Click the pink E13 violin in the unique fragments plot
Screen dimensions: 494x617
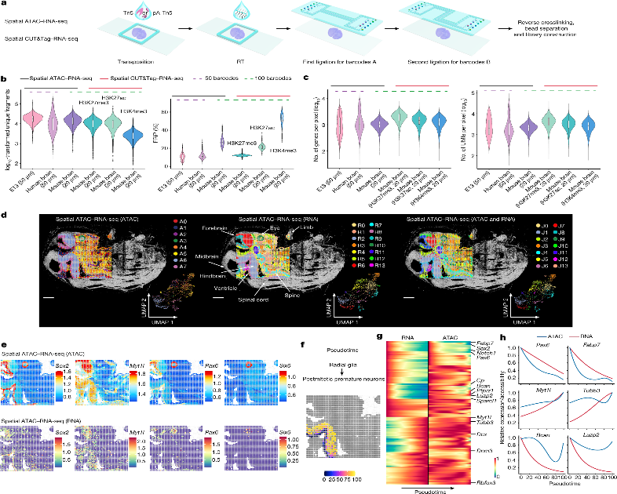pyautogui.click(x=31, y=119)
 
